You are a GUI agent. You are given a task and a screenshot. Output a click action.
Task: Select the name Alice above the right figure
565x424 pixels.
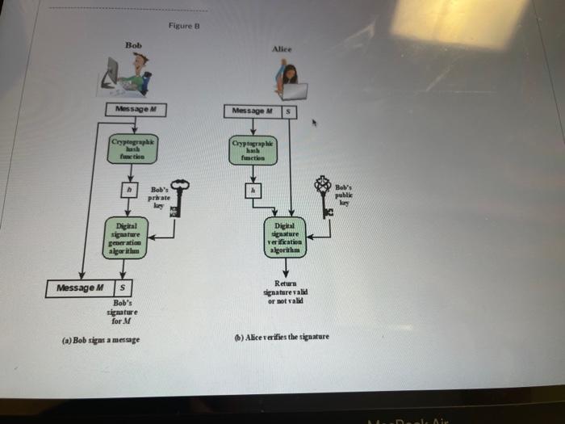click(282, 48)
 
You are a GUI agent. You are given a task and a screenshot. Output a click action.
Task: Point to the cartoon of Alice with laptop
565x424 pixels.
click(288, 81)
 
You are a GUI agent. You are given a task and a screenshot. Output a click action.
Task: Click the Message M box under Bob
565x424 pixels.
click(135, 109)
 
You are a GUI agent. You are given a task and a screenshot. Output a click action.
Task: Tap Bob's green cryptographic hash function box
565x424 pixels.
click(135, 149)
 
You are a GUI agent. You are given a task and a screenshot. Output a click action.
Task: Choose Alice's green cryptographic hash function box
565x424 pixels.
click(253, 149)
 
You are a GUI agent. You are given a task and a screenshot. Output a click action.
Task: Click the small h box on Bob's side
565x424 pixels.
click(126, 189)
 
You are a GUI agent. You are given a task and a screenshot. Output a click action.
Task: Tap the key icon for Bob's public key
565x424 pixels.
click(325, 196)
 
